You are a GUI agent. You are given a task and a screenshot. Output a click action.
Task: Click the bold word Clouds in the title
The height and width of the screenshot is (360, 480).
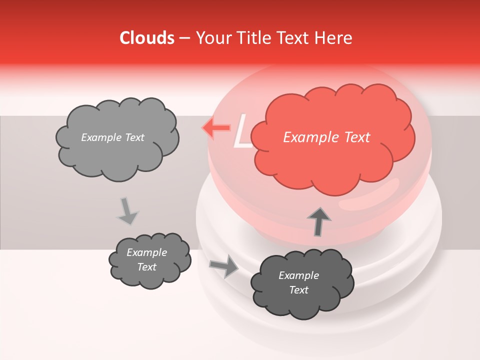click(147, 38)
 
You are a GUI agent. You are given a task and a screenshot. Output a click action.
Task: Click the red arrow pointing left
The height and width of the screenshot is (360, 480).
click(215, 128)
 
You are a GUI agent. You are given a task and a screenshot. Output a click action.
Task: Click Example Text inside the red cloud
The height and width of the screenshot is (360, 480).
click(326, 137)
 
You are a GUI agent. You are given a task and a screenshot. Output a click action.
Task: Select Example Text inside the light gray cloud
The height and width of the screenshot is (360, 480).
click(112, 137)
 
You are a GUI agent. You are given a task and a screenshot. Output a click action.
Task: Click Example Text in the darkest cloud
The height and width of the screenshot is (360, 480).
click(298, 282)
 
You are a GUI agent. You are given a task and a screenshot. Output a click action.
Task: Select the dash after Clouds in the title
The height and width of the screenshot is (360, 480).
click(184, 38)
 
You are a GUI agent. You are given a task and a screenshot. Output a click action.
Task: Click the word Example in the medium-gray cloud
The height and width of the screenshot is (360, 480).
click(146, 252)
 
